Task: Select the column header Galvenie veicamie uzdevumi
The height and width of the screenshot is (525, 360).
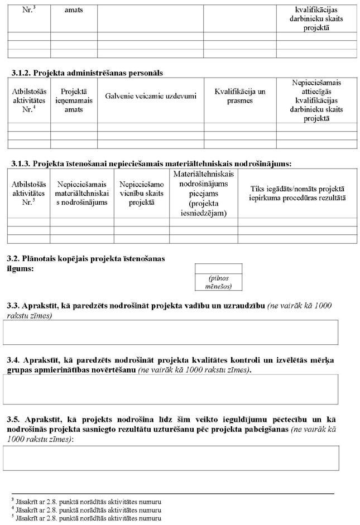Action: click(x=151, y=96)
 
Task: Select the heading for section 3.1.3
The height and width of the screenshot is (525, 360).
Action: click(x=151, y=163)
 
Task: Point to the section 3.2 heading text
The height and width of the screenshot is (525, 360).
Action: click(x=85, y=264)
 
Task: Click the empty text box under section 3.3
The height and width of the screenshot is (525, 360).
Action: click(x=171, y=333)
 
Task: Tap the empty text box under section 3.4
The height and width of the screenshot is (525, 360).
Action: click(x=171, y=389)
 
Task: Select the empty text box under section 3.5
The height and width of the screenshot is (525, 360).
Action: click(x=171, y=457)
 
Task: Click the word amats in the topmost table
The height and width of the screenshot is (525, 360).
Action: click(x=74, y=10)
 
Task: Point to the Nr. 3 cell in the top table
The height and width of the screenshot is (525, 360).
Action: click(x=29, y=10)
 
